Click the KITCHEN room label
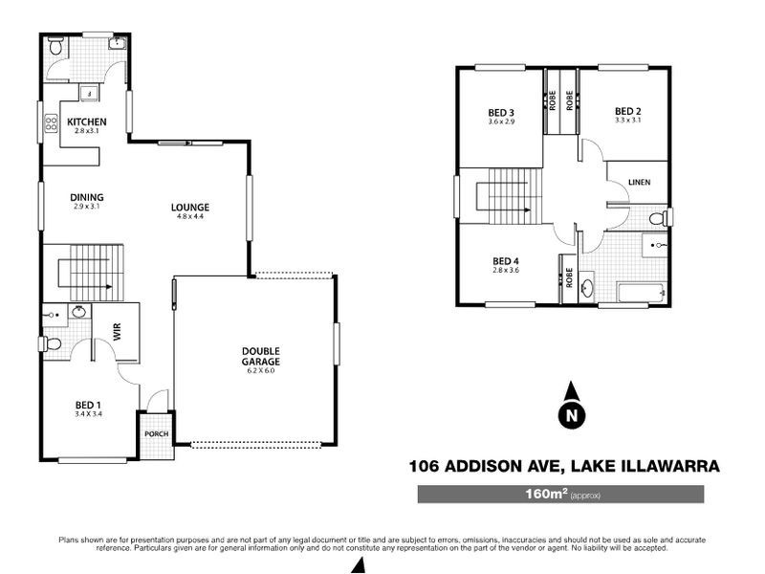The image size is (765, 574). [x=86, y=121]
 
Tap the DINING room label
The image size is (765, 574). [x=86, y=198]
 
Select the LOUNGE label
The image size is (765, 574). [x=190, y=208]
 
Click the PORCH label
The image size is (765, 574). [x=156, y=433]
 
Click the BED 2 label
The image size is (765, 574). [x=626, y=110]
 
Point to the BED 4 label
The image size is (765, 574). [x=505, y=261]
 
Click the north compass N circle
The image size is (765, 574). [x=571, y=416]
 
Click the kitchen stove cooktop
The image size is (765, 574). [x=52, y=122]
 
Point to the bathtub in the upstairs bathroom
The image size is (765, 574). [x=642, y=292]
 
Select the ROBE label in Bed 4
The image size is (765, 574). [x=568, y=277]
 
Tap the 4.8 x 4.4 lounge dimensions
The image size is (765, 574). [x=190, y=217]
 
